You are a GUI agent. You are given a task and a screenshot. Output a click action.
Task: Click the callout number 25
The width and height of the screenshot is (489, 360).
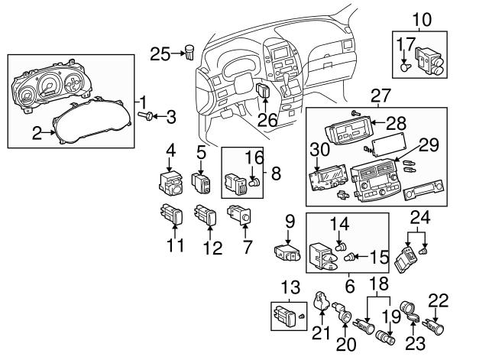click(160, 54)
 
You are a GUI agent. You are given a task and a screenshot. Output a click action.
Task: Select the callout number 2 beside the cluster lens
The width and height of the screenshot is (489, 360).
click(37, 133)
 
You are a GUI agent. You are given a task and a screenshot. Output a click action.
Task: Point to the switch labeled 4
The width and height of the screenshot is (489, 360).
click(170, 183)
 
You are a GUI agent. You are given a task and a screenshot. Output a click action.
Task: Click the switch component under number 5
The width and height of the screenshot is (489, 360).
click(200, 183)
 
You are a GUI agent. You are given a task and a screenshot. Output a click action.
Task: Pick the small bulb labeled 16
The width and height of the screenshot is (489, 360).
click(254, 182)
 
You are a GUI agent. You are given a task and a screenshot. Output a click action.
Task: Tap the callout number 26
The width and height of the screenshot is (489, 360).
click(267, 119)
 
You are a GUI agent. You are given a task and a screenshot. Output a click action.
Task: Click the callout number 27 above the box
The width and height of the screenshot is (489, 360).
click(381, 96)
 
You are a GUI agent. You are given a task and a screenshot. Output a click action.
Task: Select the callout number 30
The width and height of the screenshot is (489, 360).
click(319, 149)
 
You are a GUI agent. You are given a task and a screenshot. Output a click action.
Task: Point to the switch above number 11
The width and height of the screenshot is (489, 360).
click(171, 213)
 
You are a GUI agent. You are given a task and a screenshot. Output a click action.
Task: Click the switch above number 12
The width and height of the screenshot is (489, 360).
click(205, 214)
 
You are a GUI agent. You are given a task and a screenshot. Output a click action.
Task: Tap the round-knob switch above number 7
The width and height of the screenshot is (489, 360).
click(239, 215)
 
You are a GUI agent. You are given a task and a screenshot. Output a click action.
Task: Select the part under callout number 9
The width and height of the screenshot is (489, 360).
click(287, 253)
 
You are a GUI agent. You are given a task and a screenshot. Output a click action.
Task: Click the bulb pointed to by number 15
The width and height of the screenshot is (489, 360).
click(348, 258)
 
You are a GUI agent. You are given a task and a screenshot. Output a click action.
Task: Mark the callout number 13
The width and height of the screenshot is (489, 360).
click(290, 287)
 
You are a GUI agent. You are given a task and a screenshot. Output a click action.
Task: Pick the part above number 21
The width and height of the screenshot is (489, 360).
click(321, 300)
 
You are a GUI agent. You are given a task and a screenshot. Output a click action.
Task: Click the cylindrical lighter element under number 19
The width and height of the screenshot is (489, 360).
click(386, 337)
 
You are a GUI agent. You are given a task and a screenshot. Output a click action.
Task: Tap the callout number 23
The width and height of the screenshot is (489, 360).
click(415, 344)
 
